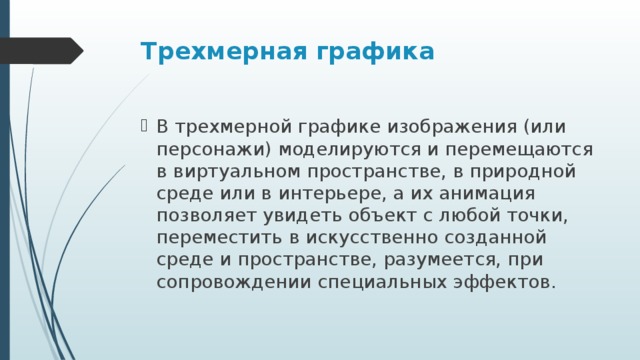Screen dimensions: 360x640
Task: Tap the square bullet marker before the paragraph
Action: (146, 127)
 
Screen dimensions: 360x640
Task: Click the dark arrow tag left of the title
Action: (40, 50)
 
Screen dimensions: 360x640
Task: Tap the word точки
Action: (535, 216)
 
